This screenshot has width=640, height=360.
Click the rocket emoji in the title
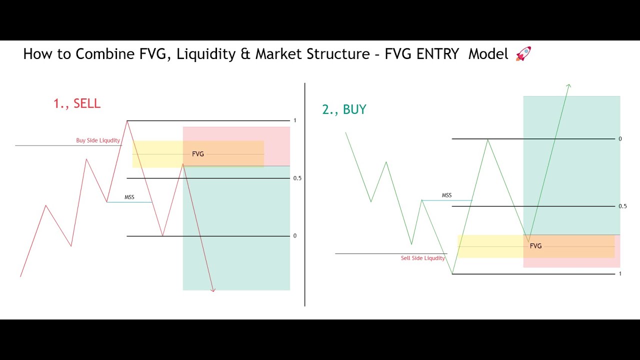pos(523,53)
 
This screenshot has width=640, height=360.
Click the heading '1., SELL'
pos(77,103)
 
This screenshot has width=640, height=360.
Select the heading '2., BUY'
pos(344,109)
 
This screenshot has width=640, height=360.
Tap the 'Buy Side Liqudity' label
pos(98,140)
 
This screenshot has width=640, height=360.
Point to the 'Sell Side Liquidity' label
pos(422,258)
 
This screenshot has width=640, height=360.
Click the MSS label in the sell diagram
pos(129,197)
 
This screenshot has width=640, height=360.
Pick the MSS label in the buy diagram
pos(446,195)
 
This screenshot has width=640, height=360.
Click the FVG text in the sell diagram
pos(198,154)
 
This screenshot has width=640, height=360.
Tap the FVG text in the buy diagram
pos(535,246)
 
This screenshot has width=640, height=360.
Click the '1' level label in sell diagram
pos(295,120)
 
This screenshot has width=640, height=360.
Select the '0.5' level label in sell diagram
pos(297,178)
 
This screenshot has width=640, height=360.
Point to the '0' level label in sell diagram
pos(295,235)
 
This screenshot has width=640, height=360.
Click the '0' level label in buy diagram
pos(620,138)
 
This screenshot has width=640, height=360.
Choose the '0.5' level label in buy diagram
pos(622,206)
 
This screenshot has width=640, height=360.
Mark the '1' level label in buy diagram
pos(620,273)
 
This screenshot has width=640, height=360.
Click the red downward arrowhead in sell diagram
pos(213,289)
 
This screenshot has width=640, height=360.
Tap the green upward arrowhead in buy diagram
pos(568,86)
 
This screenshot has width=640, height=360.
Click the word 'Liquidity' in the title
pos(207,54)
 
